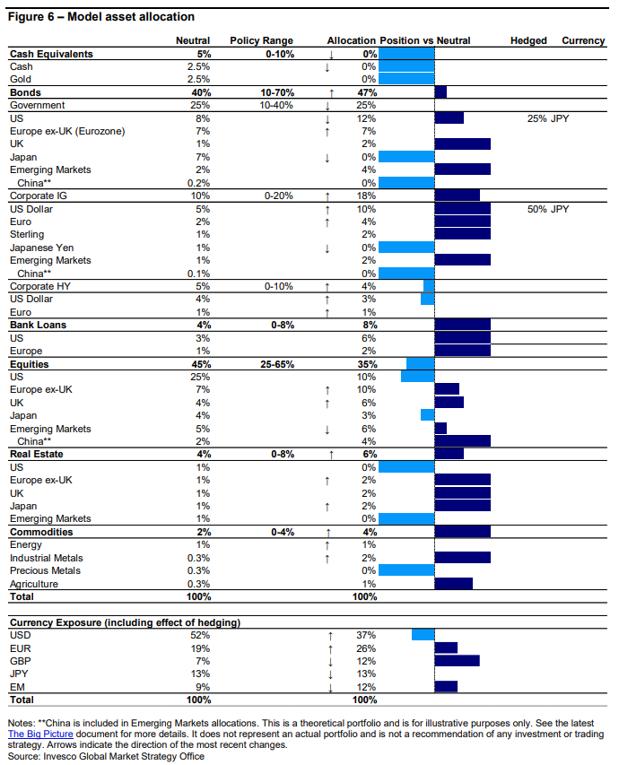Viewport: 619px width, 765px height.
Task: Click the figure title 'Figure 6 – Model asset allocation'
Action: tap(101, 17)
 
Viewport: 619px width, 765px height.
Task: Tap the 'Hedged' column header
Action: tap(527, 40)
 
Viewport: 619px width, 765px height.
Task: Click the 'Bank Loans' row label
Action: tap(38, 325)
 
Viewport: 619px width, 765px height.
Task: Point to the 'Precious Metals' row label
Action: tap(45, 570)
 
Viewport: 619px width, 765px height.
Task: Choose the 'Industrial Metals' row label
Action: tap(47, 557)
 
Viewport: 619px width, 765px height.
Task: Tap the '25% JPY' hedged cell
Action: tap(548, 118)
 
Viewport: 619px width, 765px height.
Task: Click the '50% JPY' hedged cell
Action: tap(548, 209)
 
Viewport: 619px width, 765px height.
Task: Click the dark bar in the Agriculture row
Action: tap(453, 584)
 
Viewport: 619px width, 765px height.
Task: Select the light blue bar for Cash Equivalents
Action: tap(406, 54)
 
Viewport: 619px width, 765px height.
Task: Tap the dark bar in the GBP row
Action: tap(457, 661)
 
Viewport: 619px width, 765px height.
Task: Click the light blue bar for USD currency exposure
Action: tap(423, 635)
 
